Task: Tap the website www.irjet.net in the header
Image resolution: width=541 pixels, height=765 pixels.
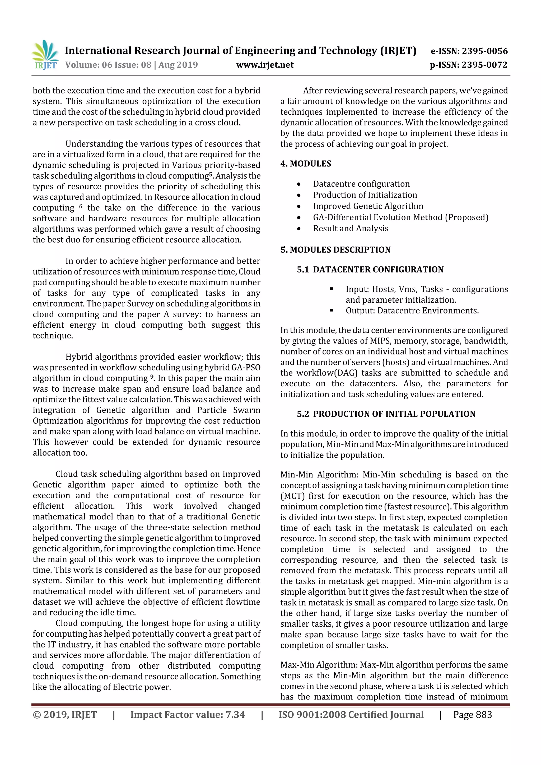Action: pos(265,65)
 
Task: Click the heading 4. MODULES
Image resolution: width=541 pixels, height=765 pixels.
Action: pos(306,164)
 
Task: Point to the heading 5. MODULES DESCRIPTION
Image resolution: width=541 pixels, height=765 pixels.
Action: pos(335,250)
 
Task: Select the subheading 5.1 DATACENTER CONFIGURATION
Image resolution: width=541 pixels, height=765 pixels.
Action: pos(370,269)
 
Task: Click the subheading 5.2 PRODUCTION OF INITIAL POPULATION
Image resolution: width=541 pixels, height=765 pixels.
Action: pos(386,414)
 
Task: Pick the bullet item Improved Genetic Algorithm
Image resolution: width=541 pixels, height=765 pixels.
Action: pos(368,206)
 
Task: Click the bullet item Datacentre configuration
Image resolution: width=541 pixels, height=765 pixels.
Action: pos(361,184)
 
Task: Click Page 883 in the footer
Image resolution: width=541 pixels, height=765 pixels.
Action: pos(472,714)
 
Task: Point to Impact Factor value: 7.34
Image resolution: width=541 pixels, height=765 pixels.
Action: pos(188,714)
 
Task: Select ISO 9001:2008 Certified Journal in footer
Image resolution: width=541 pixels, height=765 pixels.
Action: pos(351,714)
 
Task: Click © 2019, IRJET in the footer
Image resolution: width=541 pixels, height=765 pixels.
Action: pos(65,714)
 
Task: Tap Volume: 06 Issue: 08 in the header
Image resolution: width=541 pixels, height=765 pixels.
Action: pos(108,65)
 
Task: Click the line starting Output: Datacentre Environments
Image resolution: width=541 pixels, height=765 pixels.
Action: pos(412,311)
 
